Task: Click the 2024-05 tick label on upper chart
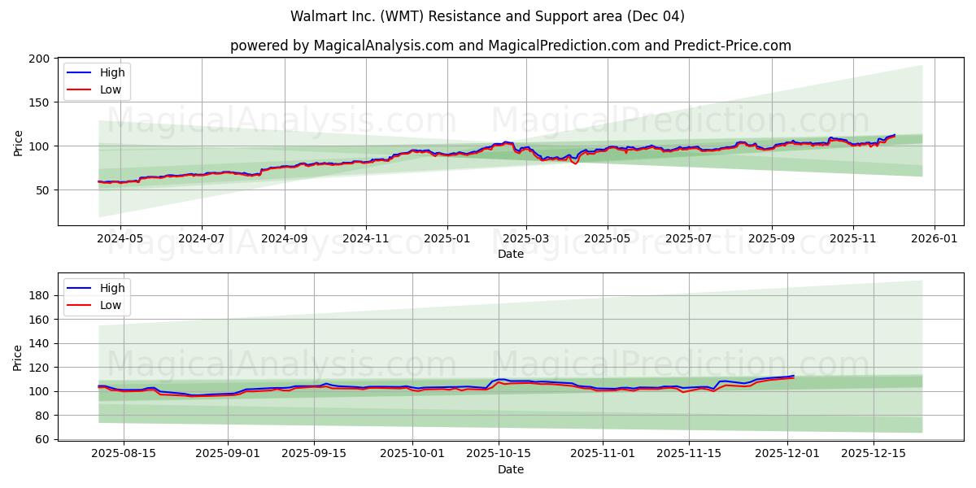coord(120,239)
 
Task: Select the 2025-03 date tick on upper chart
coord(525,239)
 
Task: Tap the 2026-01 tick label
coord(934,239)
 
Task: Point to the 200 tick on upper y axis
coord(38,59)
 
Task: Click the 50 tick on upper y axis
coord(41,190)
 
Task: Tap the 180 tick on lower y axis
coord(38,295)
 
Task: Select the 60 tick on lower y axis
coord(41,439)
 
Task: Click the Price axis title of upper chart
coord(18,142)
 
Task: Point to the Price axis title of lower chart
coord(18,357)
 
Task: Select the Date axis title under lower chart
coord(510,469)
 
